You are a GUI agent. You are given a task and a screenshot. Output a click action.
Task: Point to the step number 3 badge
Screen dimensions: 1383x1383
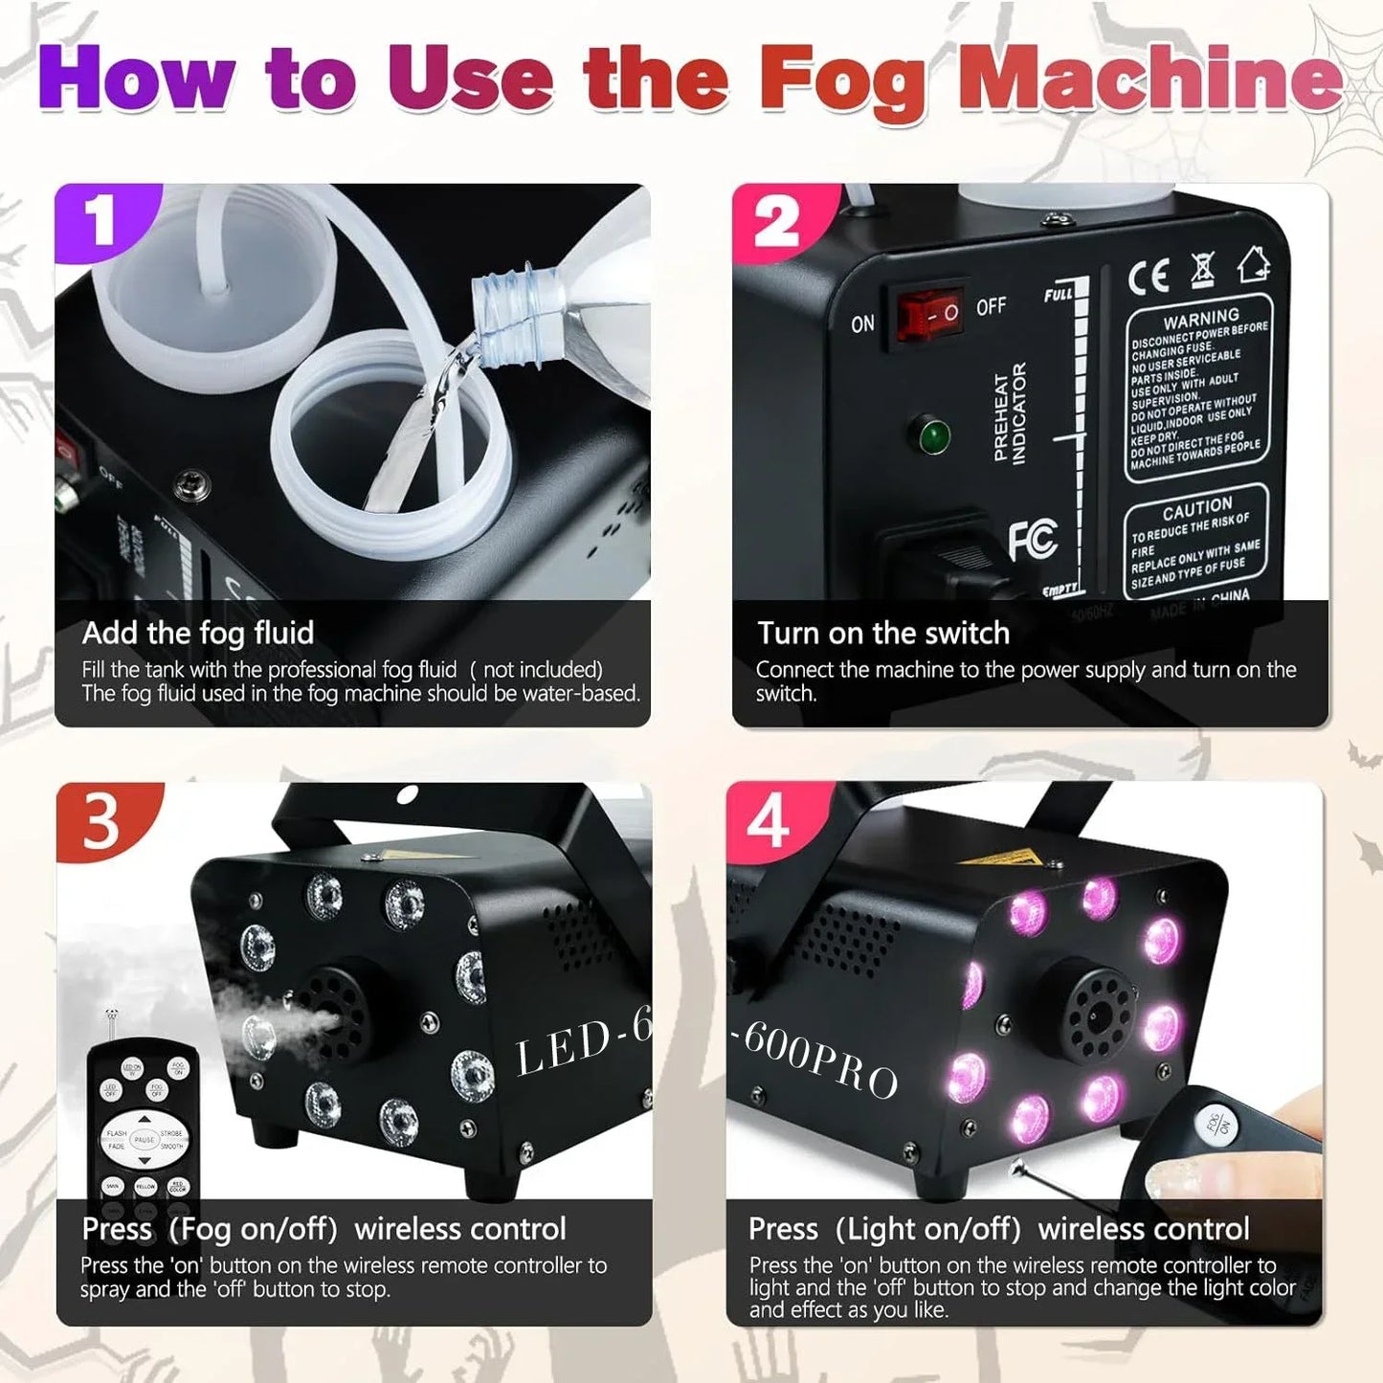101,822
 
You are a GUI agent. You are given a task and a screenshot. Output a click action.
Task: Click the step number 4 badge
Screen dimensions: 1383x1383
769,821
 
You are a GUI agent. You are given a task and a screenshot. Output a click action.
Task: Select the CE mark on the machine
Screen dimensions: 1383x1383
1149,277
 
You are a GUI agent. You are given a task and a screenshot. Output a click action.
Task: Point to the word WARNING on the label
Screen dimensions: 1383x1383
1200,319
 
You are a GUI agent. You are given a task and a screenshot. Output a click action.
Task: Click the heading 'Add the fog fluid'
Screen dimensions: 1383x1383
198,633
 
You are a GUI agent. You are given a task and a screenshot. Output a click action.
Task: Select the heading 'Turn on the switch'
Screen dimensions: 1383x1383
882,633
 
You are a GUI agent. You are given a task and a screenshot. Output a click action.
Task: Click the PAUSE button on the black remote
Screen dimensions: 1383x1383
144,1139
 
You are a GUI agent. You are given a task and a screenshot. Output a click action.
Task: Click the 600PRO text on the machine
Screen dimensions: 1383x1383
821,1060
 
